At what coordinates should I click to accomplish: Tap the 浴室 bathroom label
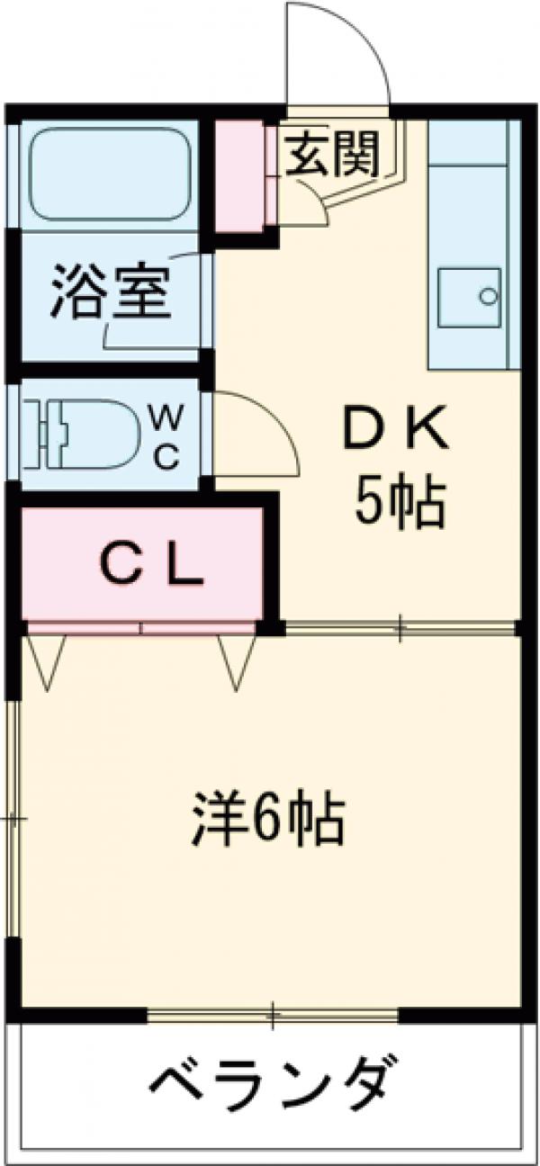point(110,291)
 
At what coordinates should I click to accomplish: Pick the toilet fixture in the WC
point(81,435)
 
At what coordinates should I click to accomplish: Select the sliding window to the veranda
point(272,1017)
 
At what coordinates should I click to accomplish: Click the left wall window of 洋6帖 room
point(13,819)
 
